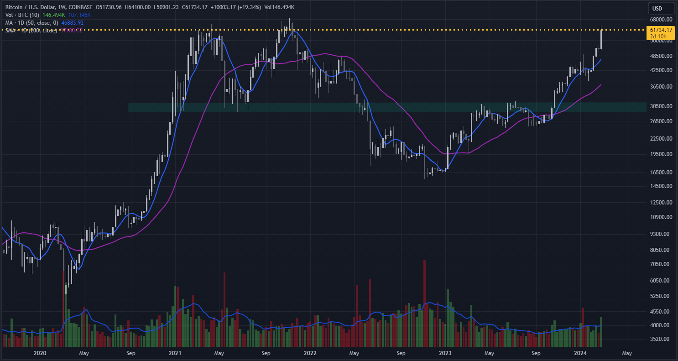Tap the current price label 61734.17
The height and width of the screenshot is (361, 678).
660,30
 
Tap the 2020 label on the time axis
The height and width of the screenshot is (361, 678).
40,353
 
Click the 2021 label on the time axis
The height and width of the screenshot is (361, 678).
175,353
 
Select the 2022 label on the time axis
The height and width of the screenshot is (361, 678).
310,353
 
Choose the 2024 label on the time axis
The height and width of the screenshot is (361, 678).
580,353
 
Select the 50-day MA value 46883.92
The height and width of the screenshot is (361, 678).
69,22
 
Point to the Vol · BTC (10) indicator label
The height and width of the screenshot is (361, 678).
22,15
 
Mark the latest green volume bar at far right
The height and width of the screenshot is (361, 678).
601,331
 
